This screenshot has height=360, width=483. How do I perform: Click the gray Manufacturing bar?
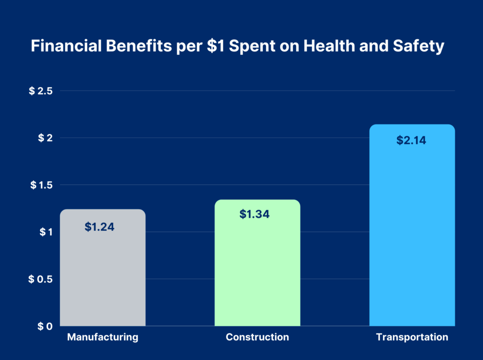[103, 274]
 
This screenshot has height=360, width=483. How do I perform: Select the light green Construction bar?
[257, 269]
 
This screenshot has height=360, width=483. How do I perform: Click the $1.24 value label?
[100, 227]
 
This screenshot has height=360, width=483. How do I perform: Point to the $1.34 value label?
[254, 214]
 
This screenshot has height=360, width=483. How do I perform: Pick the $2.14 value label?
[411, 140]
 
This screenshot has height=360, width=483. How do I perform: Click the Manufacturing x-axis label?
[103, 337]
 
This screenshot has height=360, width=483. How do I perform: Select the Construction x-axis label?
[257, 337]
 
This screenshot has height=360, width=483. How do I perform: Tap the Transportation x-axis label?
[412, 337]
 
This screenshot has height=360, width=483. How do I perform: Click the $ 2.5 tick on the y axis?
[40, 91]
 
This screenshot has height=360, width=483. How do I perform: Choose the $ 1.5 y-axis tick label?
[40, 185]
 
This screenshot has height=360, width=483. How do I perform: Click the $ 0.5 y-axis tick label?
[40, 279]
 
